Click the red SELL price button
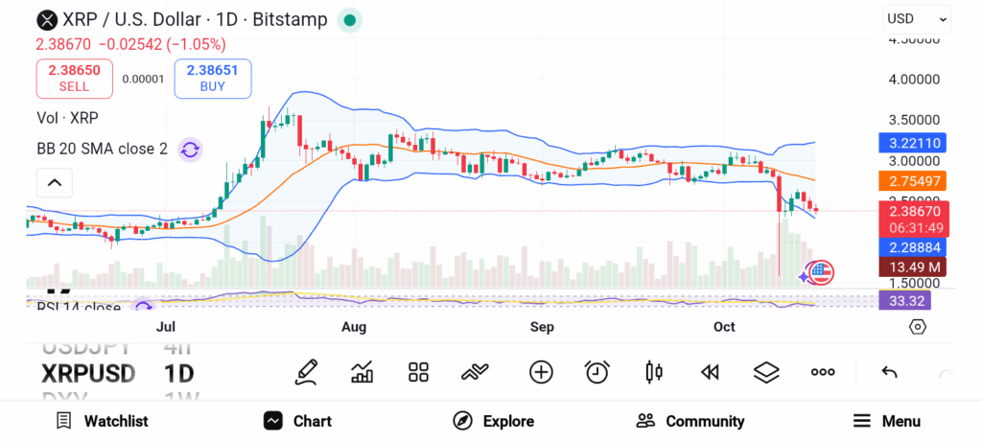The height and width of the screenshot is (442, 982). pos(74,79)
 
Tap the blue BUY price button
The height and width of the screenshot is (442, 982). pos(212,79)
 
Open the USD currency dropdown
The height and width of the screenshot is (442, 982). pos(917,18)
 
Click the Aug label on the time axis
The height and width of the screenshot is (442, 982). pos(354,327)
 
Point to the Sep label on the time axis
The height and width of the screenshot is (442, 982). pos(543,327)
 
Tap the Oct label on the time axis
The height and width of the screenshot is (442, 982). pos(724,327)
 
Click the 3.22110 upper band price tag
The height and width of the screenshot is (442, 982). pos(913,143)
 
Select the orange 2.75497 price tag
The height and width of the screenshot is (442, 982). pos(913,181)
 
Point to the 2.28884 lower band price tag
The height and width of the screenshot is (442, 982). pos(913,247)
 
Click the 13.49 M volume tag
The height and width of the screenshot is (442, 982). pos(913,267)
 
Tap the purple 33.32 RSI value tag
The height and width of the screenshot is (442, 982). pos(903,300)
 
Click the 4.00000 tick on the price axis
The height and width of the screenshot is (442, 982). pos(914,80)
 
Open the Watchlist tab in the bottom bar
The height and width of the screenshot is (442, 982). pos(103,421)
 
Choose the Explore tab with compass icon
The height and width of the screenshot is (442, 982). pos(494,421)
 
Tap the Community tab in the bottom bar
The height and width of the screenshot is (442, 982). pos(690,421)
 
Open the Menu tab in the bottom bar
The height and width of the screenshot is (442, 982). pos(887,421)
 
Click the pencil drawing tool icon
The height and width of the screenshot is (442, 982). pos(307,372)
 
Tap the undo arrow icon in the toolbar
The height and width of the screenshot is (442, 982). pos(889,372)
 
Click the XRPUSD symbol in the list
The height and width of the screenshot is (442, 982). pos(88,373)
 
